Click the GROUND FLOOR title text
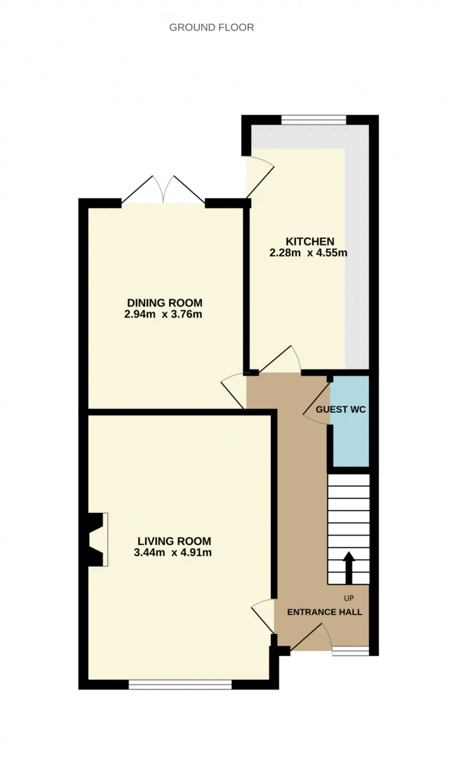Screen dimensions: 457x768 [211, 27]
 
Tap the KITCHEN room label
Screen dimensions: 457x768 [310, 241]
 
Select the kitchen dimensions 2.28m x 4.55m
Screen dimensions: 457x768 [308, 253]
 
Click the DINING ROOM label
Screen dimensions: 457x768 [165, 303]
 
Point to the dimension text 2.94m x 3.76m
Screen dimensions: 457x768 [163, 315]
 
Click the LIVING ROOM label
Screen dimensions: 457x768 [174, 541]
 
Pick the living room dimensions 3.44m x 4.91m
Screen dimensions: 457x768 [173, 553]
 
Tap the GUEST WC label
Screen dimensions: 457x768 [341, 410]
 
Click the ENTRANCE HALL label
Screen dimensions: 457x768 [325, 612]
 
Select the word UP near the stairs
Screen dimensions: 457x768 [349, 598]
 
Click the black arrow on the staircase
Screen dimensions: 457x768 [349, 568]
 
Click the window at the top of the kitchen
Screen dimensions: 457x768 [314, 120]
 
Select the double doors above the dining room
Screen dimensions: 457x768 [163, 190]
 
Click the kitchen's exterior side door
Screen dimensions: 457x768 [260, 177]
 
